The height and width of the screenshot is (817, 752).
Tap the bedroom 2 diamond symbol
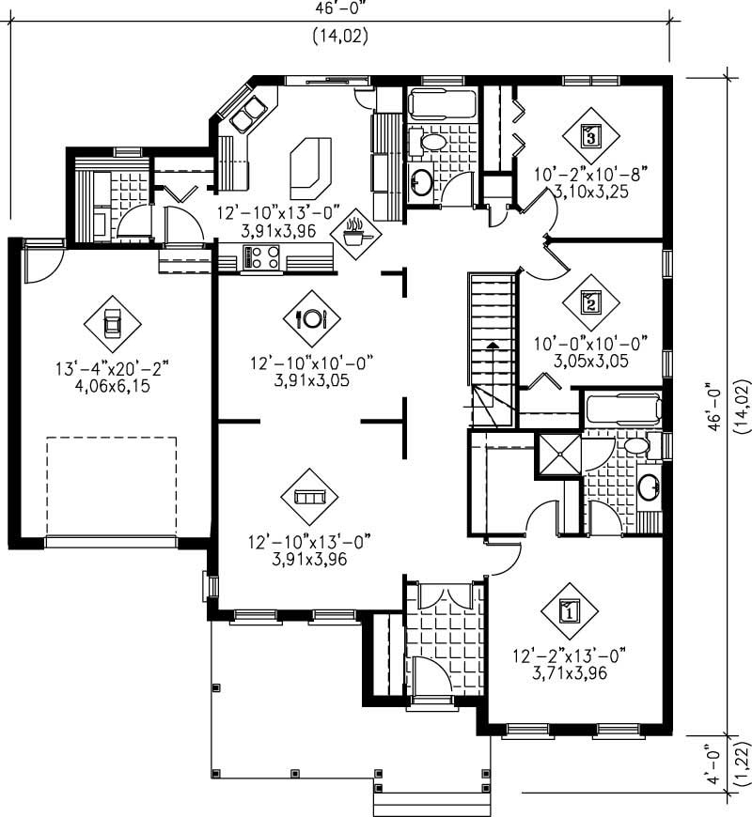(x=590, y=301)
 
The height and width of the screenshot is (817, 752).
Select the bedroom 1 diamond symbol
(x=570, y=612)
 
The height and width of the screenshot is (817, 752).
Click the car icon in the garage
(x=112, y=323)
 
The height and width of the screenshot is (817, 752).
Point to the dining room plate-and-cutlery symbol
(x=311, y=318)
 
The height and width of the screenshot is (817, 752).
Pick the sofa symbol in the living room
(x=309, y=497)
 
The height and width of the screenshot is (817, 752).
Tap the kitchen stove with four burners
(x=261, y=256)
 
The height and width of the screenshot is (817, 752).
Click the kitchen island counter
(x=311, y=162)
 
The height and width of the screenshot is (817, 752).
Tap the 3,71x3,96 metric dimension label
(x=570, y=672)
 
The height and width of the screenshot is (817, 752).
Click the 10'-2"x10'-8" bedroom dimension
(x=590, y=174)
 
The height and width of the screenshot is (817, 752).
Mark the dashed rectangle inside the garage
(x=112, y=486)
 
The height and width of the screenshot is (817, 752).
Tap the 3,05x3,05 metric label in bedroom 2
(x=590, y=360)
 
